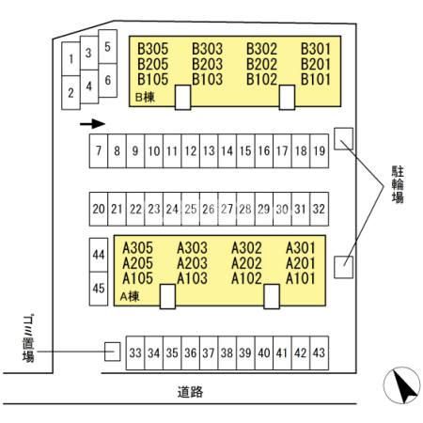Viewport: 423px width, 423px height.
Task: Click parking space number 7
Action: click(99, 151)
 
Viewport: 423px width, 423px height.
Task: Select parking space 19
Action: click(320, 151)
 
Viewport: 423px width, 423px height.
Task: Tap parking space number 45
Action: click(99, 289)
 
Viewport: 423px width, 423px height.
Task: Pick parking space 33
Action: click(135, 353)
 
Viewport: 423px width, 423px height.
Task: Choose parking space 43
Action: click(320, 353)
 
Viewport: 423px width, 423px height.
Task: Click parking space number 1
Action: click(71, 59)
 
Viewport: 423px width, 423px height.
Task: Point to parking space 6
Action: click(108, 80)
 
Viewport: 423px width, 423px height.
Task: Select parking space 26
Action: click(209, 209)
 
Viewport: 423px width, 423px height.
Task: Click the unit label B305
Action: click(153, 49)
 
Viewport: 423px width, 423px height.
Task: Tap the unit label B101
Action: click(316, 79)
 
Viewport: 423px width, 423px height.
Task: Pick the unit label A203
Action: click(192, 263)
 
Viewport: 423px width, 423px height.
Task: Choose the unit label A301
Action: click(301, 248)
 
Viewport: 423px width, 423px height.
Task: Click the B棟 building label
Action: click(145, 97)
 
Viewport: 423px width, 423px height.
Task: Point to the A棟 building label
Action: click(130, 296)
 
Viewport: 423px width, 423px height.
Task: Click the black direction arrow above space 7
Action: click(92, 124)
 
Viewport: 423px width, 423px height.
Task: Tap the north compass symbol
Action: click(402, 385)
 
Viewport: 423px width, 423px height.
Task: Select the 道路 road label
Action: click(190, 392)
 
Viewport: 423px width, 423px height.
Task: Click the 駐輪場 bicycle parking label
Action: click(398, 184)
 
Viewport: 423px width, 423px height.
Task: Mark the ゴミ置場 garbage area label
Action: click(28, 338)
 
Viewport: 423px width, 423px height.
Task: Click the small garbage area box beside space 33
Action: click(112, 352)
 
